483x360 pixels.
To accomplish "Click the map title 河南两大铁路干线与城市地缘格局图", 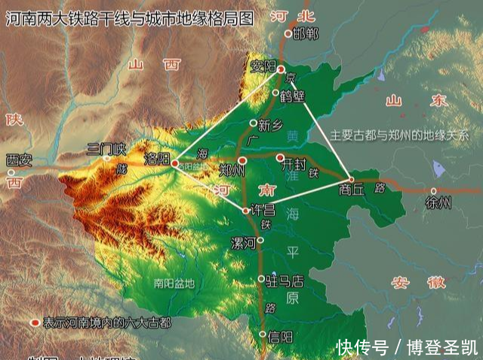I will [x=129, y=18].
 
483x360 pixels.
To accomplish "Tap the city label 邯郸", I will [x=305, y=33].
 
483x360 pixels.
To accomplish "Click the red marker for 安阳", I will [x=281, y=69].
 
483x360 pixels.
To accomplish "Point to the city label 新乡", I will [x=269, y=125].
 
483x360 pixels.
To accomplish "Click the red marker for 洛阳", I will [x=175, y=162].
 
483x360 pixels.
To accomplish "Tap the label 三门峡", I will [x=106, y=149].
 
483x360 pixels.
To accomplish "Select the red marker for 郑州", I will [x=241, y=161].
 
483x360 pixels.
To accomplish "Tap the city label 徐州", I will [x=438, y=202].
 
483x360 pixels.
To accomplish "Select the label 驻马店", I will [x=285, y=281].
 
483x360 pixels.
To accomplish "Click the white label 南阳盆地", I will [x=174, y=284].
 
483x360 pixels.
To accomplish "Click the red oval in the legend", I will [x=34, y=322].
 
